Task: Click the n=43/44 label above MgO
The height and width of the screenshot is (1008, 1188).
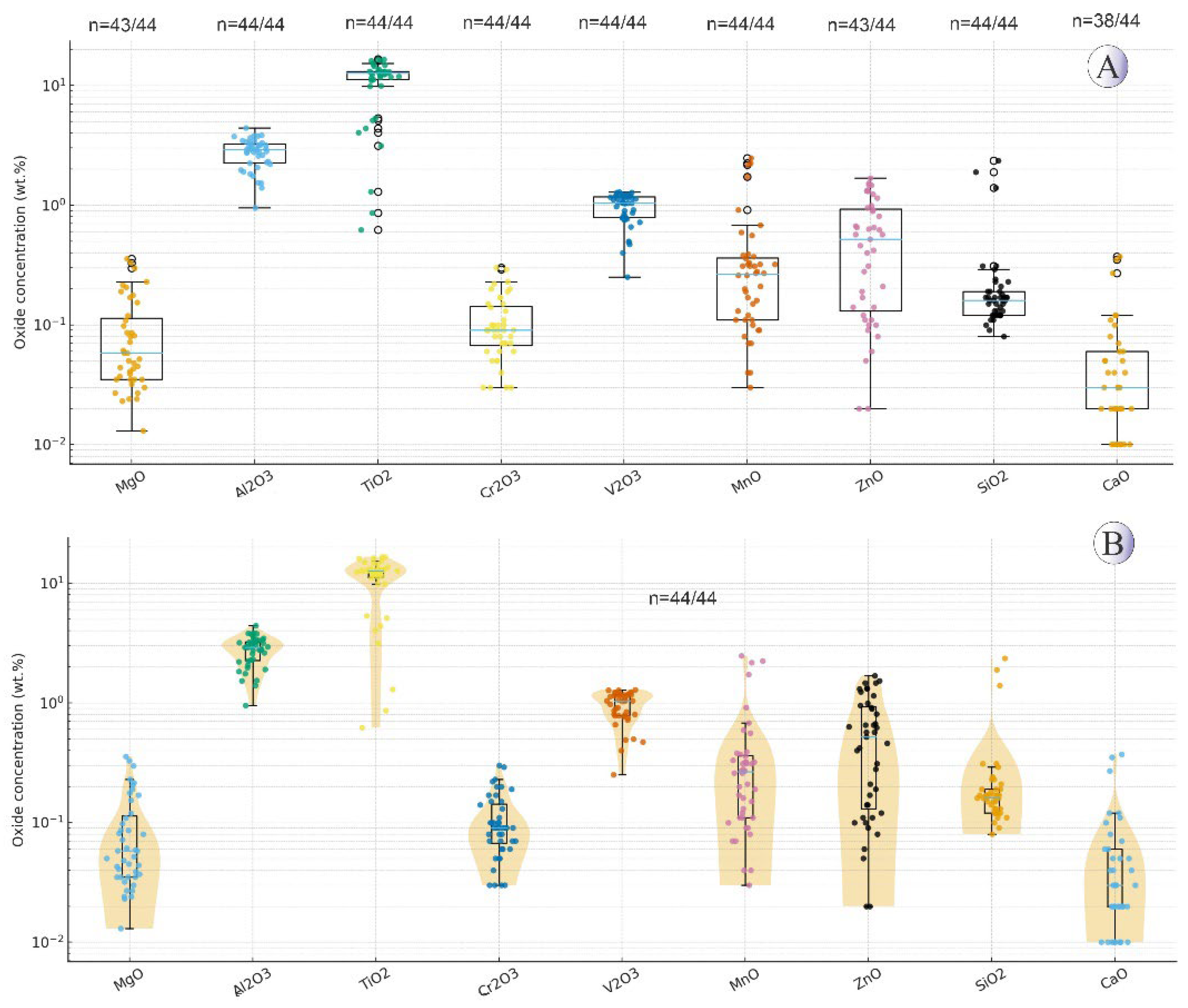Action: [122, 25]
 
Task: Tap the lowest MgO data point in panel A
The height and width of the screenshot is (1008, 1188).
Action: [143, 431]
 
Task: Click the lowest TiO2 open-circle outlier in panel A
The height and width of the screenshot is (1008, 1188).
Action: [378, 230]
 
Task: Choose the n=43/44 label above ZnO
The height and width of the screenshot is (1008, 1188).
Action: [861, 25]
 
